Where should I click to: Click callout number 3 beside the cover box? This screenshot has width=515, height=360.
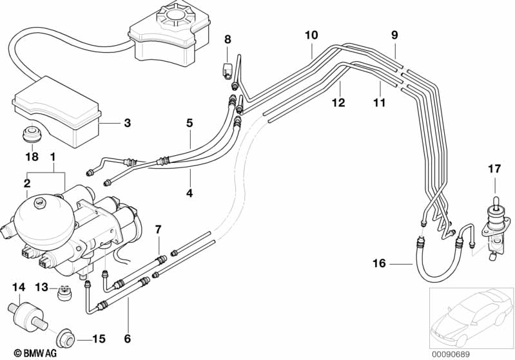[x=127, y=122]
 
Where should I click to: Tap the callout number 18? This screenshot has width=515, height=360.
[x=30, y=156]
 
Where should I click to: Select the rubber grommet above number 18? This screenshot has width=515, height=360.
[x=30, y=135]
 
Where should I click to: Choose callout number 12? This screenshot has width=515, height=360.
[x=338, y=102]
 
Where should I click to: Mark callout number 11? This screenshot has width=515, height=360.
[x=378, y=102]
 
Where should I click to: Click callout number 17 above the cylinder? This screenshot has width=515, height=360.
[x=494, y=170]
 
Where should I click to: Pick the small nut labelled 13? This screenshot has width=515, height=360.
[x=64, y=293]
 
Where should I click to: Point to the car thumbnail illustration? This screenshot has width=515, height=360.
[x=471, y=316]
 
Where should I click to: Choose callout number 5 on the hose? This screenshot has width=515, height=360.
[x=189, y=122]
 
